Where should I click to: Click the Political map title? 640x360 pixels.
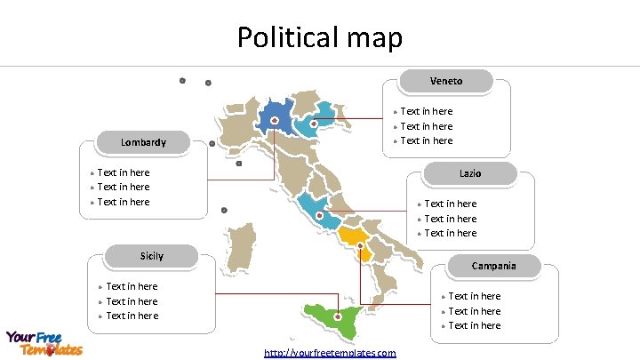click(319, 37)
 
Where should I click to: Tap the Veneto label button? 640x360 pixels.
click(446, 81)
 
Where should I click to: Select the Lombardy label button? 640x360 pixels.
click(143, 142)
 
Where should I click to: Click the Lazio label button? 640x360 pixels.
click(470, 173)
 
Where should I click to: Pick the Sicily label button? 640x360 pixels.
click(152, 256)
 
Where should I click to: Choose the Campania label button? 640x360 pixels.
click(493, 266)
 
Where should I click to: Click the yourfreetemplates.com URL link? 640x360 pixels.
click(330, 353)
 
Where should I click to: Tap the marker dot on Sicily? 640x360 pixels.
click(338, 316)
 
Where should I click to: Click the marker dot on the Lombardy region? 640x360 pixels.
click(275, 120)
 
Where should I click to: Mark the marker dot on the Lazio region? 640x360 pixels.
click(319, 215)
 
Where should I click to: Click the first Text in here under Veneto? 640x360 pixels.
click(427, 111)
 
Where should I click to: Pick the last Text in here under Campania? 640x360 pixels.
click(474, 325)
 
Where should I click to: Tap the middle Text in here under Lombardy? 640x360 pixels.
click(123, 187)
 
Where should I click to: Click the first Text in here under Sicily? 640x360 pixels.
click(132, 286)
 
